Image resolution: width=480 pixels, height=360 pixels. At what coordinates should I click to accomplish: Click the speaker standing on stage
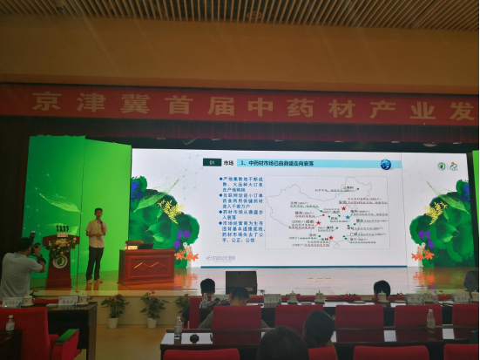(95, 244)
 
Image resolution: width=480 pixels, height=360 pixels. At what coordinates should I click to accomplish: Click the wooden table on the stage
(147, 266)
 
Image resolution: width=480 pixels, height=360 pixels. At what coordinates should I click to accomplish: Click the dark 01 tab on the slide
(211, 162)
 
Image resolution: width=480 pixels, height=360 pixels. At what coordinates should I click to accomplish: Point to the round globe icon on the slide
(384, 163)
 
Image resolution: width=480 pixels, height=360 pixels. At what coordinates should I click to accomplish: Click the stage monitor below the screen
(241, 282)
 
